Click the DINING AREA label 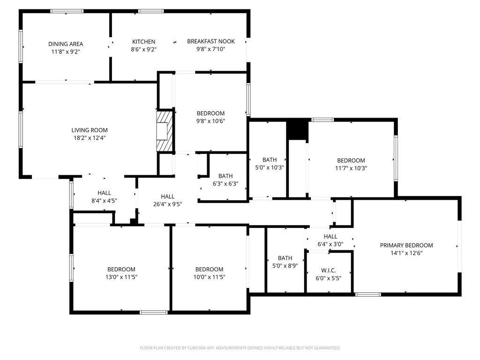coord(66,44)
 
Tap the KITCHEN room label coord(143,42)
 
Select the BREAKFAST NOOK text coord(211,41)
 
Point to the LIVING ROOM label coord(90,130)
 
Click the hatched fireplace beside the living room coord(165,131)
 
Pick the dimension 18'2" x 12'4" coord(90,138)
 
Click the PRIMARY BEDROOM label coord(406,245)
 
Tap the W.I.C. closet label coord(329,270)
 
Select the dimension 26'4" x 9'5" coord(168,204)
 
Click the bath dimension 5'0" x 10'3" coord(270,167)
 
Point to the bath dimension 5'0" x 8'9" coord(285,266)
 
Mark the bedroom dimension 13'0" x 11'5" coord(121,277)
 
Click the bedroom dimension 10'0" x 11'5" coord(210,277)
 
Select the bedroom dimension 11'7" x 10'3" coord(351,168)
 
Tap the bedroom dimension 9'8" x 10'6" coord(210,121)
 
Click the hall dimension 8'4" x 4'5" coord(105,201)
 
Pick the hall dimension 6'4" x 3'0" coord(330,244)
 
